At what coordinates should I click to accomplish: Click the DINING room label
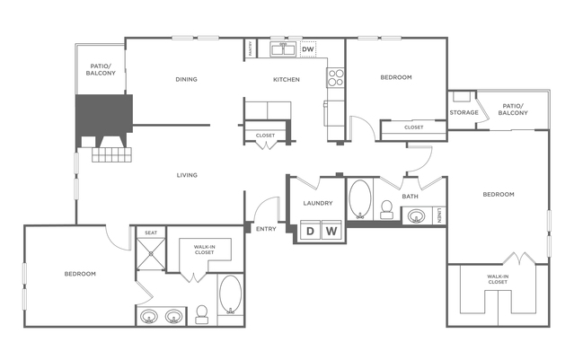click(x=186, y=79)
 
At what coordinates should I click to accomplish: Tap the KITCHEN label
click(x=287, y=79)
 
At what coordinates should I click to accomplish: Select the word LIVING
click(x=187, y=174)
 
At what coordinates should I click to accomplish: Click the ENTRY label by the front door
click(x=267, y=229)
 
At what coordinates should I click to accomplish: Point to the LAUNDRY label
click(x=318, y=203)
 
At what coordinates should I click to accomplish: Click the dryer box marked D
click(x=310, y=231)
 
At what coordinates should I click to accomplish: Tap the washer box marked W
click(x=331, y=231)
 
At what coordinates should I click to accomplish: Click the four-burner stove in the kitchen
click(x=337, y=77)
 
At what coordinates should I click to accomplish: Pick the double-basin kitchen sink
click(x=284, y=48)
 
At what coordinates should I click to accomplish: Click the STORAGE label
click(x=464, y=112)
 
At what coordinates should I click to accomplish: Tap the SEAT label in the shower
click(x=151, y=233)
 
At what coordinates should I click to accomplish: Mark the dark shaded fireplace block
click(x=103, y=117)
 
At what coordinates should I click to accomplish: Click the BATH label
click(x=410, y=196)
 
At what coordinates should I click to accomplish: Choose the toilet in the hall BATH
click(x=387, y=209)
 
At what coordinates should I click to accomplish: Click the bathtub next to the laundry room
click(x=360, y=200)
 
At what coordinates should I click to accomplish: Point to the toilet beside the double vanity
click(x=202, y=313)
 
